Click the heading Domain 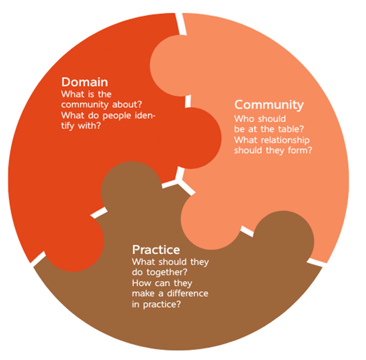coord(85,81)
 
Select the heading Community coord(269,105)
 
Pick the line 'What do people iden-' coord(108,115)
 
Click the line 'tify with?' coord(83,126)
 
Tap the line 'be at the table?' coord(268,129)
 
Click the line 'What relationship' coord(271,140)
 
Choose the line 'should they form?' coord(273,150)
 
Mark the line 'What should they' coord(169,262)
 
